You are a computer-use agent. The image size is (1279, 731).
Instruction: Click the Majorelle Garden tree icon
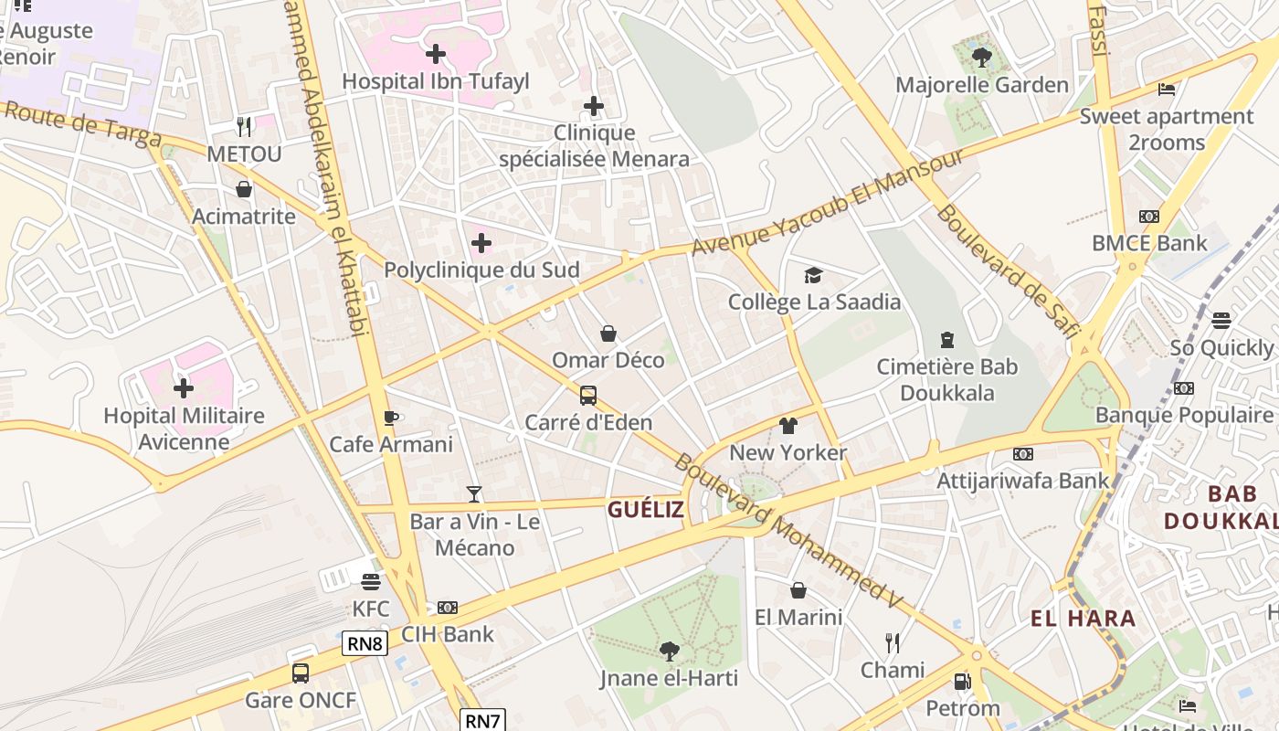[x=982, y=58]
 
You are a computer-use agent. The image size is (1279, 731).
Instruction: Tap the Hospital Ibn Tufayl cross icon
[x=436, y=54]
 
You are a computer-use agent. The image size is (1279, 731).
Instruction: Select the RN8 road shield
[x=365, y=644]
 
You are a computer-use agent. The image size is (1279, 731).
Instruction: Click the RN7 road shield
[x=482, y=720]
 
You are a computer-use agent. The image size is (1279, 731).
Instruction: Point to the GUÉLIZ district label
[x=646, y=510]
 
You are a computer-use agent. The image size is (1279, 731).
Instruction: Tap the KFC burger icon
[x=370, y=582]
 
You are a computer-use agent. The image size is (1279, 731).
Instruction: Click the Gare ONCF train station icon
[x=301, y=673]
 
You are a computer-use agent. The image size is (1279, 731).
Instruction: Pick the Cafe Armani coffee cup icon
[x=391, y=418]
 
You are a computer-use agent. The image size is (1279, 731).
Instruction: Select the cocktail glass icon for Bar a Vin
[x=473, y=494]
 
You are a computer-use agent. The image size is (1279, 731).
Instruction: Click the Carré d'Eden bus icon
[x=588, y=396]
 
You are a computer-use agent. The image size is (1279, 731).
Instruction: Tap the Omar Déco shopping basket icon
[x=608, y=334]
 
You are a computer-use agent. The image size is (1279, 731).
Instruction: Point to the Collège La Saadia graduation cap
[x=813, y=275]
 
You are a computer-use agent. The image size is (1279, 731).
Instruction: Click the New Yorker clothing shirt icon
[x=788, y=426]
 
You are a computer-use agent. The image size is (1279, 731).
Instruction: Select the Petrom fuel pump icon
[x=962, y=681]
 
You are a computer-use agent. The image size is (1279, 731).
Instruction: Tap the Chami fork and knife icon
[x=893, y=642]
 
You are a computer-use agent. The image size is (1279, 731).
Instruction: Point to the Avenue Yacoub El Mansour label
[x=827, y=204]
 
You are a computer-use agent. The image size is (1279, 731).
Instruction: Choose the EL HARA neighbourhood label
[x=1083, y=619]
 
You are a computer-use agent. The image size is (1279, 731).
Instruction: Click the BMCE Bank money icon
[x=1149, y=217]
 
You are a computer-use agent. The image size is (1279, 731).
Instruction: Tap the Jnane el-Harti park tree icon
[x=669, y=651]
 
